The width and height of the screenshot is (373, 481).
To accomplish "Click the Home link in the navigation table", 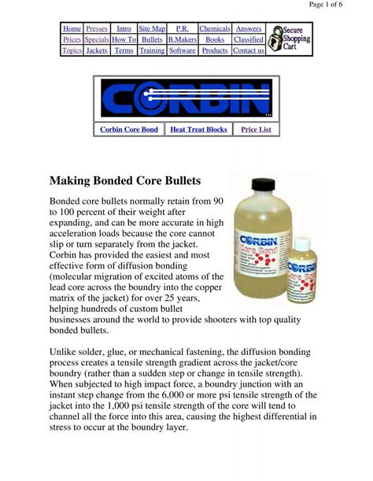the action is tap(72, 28).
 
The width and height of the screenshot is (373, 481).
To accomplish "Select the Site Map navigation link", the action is tap(152, 28).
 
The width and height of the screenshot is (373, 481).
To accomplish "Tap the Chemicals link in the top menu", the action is tap(214, 28).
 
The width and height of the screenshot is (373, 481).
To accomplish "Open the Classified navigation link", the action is tap(249, 39).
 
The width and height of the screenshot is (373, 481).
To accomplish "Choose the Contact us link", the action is tap(249, 50).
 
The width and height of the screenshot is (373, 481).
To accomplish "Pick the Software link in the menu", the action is tap(182, 50).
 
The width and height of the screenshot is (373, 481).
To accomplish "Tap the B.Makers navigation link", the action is tap(182, 39).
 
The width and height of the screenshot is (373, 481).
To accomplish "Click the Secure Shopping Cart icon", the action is tap(289, 39).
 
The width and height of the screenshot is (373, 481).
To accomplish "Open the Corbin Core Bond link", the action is tap(129, 129).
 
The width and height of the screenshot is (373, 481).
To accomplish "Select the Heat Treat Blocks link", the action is tap(198, 129).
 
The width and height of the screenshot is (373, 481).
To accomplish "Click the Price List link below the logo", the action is tap(257, 129).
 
